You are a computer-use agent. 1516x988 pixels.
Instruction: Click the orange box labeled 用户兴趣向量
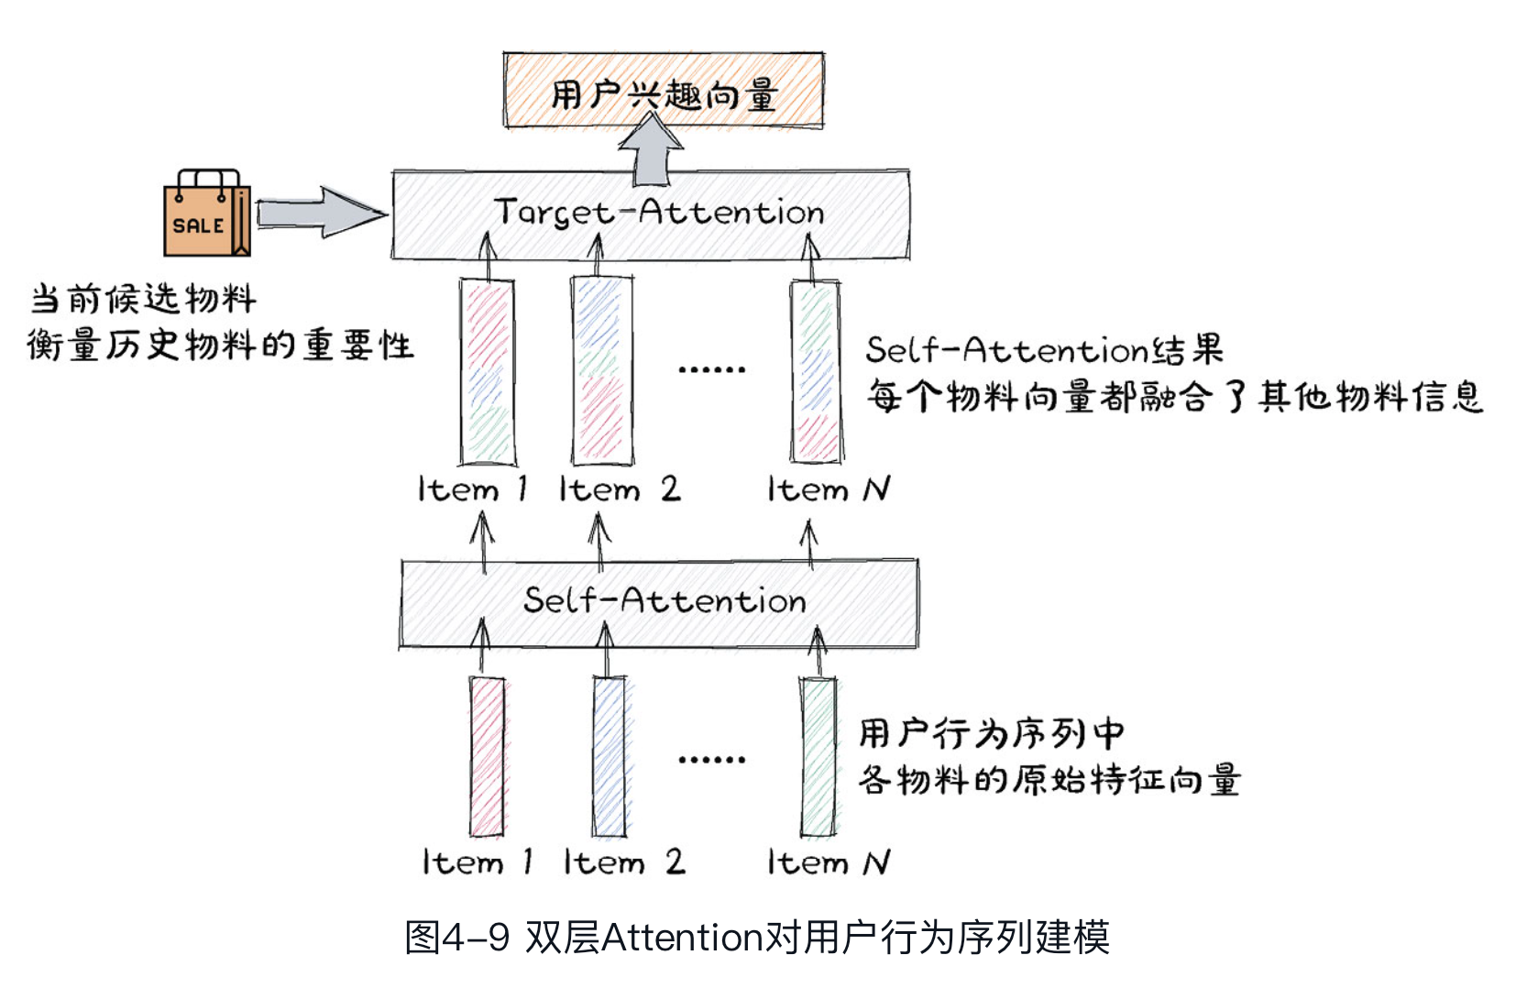pyautogui.click(x=663, y=91)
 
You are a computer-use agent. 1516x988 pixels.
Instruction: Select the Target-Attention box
pyautogui.click(x=651, y=214)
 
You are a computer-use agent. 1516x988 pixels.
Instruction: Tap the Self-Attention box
pyautogui.click(x=658, y=602)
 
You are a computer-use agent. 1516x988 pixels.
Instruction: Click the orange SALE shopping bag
pyautogui.click(x=206, y=215)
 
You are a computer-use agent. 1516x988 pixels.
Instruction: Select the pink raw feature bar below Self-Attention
pyautogui.click(x=488, y=756)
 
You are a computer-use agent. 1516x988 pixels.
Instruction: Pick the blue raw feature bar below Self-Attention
pyautogui.click(x=610, y=756)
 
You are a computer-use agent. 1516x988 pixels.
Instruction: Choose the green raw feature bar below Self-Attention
pyautogui.click(x=818, y=756)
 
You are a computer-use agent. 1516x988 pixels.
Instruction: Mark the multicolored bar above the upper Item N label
pyautogui.click(x=815, y=371)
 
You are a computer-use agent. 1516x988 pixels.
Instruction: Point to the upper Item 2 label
pyautogui.click(x=620, y=489)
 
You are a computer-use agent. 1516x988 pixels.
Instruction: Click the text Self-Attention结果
pyautogui.click(x=1044, y=349)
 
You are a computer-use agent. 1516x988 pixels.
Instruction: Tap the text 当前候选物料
pyautogui.click(x=143, y=299)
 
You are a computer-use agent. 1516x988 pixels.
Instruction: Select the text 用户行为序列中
pyautogui.click(x=991, y=733)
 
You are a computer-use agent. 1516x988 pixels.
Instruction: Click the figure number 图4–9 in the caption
pyautogui.click(x=456, y=938)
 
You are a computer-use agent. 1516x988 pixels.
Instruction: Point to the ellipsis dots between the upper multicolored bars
pyautogui.click(x=711, y=369)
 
